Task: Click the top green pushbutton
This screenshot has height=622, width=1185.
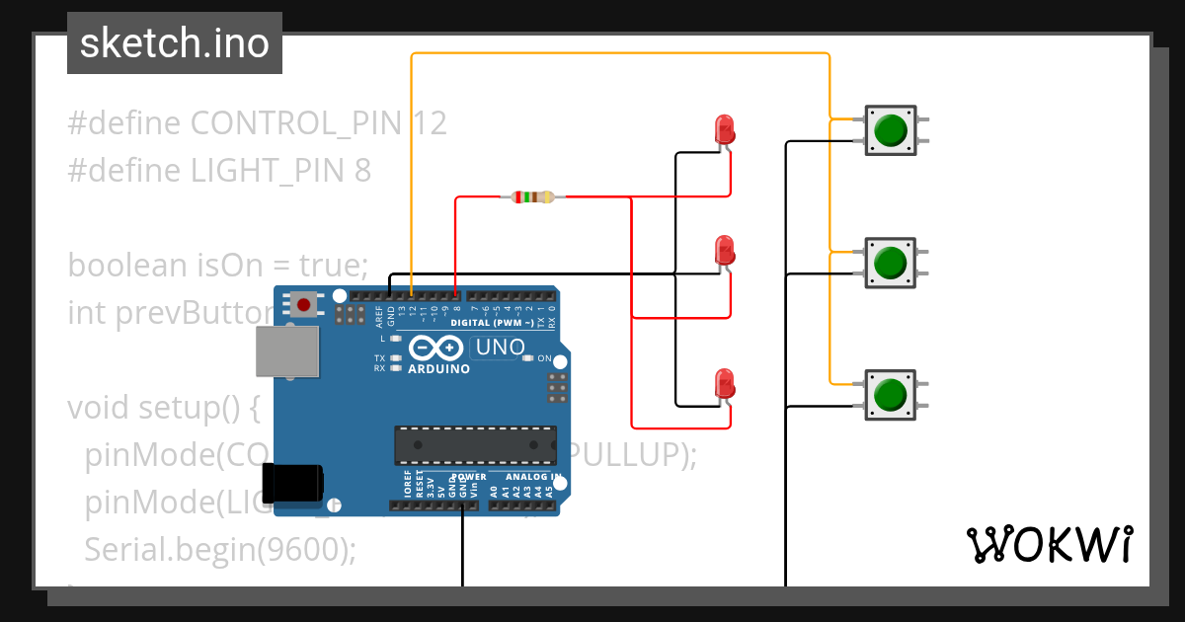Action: tap(891, 130)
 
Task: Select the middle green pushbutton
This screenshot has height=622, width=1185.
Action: tap(891, 263)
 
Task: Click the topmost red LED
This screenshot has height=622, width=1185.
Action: tap(724, 129)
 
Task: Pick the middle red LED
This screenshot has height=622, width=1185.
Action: tap(724, 249)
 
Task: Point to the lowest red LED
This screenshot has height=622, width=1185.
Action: tap(724, 383)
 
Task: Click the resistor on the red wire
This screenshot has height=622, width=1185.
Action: tap(533, 197)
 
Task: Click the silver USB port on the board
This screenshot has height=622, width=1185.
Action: tap(288, 352)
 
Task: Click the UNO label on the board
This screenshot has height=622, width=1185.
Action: tap(500, 348)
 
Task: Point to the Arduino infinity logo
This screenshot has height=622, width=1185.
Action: tap(435, 349)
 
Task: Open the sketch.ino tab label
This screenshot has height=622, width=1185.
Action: tap(175, 43)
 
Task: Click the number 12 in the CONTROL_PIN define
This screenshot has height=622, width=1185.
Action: tap(430, 123)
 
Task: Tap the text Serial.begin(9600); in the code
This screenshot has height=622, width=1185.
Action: tap(219, 549)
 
